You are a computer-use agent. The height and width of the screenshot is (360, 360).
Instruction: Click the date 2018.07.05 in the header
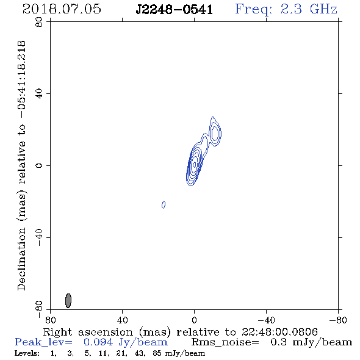(x=62, y=9)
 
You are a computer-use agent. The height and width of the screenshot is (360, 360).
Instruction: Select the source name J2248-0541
(x=175, y=10)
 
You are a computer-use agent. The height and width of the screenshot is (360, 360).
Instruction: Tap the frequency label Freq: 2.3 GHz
(x=286, y=9)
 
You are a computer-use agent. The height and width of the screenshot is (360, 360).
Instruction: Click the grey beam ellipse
(x=68, y=301)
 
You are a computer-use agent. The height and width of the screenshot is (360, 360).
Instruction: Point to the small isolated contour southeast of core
(x=164, y=204)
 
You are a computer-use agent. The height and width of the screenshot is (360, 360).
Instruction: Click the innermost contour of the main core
(x=194, y=164)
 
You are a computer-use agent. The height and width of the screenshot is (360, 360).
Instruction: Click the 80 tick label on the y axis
(x=39, y=22)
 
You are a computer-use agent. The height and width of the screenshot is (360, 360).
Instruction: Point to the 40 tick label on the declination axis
(x=39, y=94)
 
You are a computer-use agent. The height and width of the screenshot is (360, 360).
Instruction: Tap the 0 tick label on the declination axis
(x=39, y=165)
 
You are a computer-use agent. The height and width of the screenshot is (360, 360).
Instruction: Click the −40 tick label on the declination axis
(x=39, y=237)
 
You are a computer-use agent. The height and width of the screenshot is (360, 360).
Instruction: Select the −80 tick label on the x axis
(x=338, y=320)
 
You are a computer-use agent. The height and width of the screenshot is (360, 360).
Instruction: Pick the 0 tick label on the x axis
(x=194, y=320)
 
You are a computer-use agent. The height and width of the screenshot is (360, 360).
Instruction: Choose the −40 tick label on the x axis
(x=266, y=320)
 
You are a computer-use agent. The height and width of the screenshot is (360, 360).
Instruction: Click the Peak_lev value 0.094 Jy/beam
(x=125, y=342)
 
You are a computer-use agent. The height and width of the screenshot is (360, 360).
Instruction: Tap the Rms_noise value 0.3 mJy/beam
(x=311, y=342)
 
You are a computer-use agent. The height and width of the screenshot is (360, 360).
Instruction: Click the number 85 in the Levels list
(x=157, y=353)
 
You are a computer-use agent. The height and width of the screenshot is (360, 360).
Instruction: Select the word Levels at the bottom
(x=27, y=353)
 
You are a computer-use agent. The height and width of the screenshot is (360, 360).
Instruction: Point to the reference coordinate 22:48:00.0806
(x=279, y=332)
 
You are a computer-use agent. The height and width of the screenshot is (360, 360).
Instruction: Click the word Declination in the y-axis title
(x=21, y=259)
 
